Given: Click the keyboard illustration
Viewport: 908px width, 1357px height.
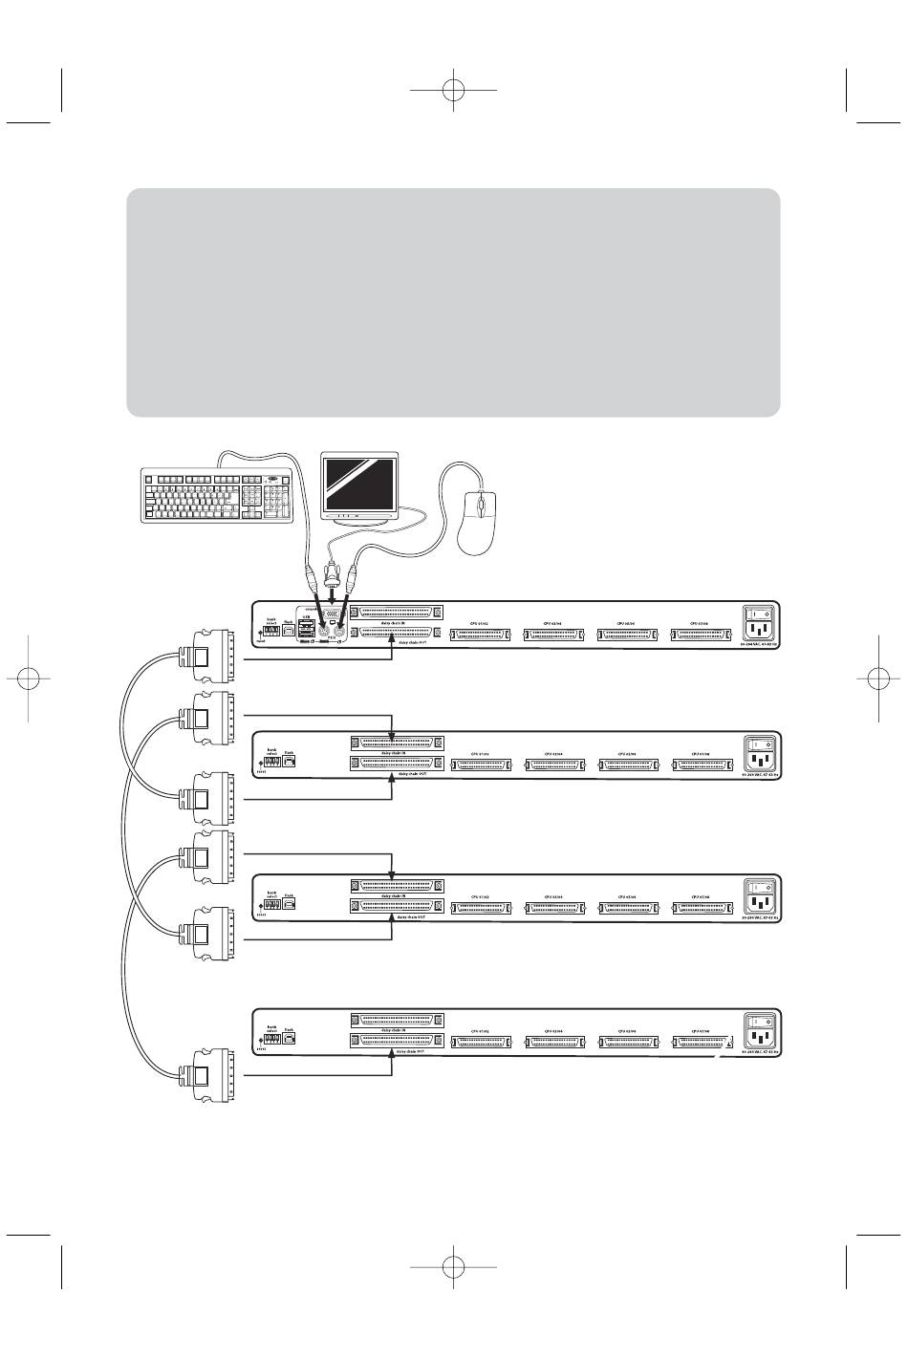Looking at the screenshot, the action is (x=216, y=495).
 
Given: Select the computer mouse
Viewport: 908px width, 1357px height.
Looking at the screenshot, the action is (x=478, y=521).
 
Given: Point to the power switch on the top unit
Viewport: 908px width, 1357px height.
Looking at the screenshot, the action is (x=761, y=615).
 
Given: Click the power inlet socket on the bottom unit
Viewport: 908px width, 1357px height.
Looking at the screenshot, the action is (x=761, y=1040).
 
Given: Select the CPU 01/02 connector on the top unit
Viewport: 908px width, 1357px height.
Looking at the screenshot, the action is (x=486, y=635).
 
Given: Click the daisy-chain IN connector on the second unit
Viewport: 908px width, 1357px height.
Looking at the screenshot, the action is (x=397, y=743).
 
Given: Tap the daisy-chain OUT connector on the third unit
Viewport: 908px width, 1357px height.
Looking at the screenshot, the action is (x=397, y=904).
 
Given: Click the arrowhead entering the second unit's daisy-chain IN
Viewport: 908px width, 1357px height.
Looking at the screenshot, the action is (x=393, y=736).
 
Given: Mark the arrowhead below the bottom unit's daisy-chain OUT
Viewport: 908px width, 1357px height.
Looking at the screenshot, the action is (x=393, y=1051).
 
